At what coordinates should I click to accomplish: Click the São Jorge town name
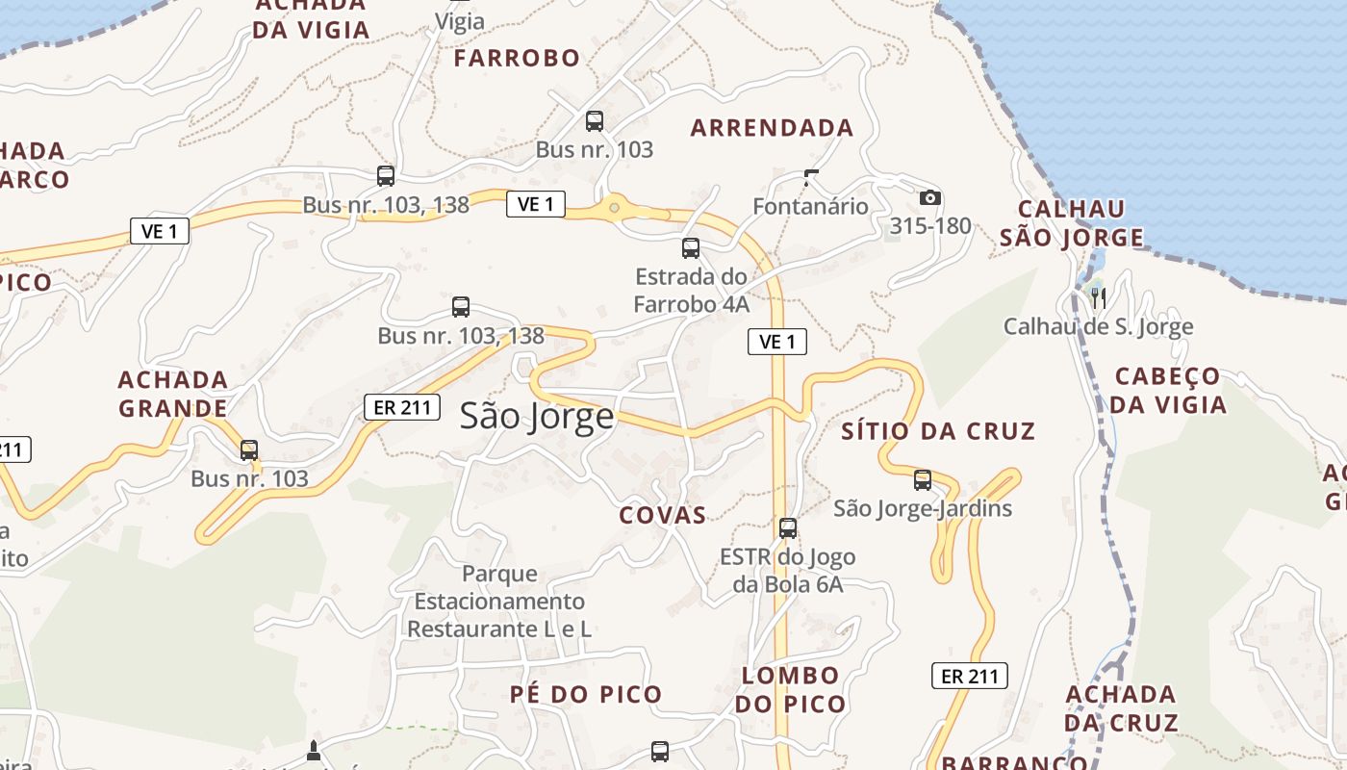[x=536, y=416]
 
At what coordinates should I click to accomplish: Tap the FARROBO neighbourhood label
[x=517, y=58]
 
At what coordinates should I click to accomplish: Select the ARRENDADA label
[x=772, y=127]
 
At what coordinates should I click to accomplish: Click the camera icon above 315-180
[x=929, y=197]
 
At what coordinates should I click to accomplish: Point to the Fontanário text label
[x=810, y=206]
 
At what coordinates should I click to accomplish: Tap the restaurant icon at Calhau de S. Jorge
[x=1098, y=297]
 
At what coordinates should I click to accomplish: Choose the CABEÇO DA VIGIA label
[x=1168, y=390]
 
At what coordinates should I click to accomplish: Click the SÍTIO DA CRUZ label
[x=938, y=431]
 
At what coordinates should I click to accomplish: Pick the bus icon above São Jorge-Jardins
[x=923, y=478]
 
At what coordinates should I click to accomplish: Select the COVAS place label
[x=663, y=515]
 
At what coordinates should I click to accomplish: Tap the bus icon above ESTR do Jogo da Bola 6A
[x=788, y=527]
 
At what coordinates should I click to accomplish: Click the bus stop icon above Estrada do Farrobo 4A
[x=691, y=247]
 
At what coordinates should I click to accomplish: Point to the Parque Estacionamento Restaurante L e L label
[x=498, y=602]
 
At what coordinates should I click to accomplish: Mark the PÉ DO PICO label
[x=586, y=694]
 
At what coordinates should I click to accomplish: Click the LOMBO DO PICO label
[x=791, y=689]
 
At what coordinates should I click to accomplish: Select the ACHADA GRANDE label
[x=173, y=394]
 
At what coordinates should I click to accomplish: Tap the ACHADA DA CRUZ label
[x=1122, y=708]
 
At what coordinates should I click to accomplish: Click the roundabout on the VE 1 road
[x=614, y=207]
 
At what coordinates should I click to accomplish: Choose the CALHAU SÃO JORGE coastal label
[x=1072, y=223]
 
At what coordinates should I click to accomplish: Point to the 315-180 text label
[x=930, y=226]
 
